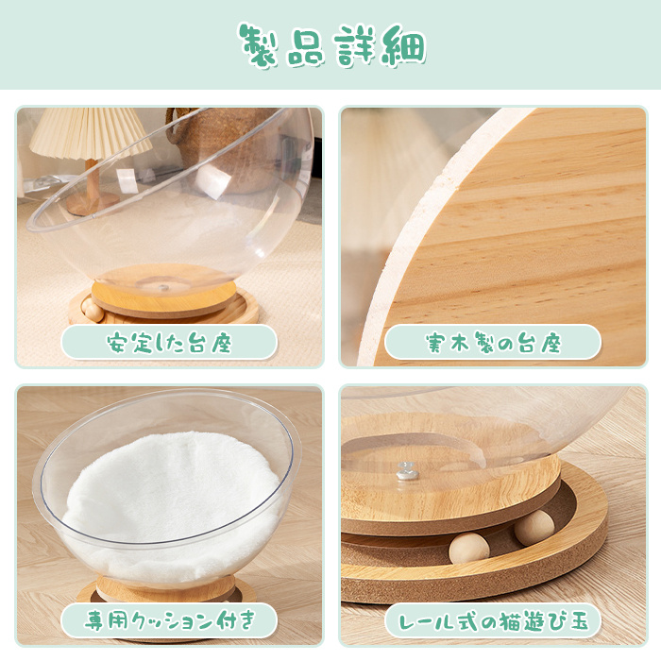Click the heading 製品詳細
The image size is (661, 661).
[332, 45]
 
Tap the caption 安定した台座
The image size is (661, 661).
[169, 343]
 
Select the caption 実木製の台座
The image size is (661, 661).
[493, 343]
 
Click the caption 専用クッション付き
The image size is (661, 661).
[169, 621]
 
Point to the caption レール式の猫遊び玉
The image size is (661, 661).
[493, 621]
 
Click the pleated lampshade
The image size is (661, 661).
[90, 133]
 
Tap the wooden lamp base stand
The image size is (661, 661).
[91, 190]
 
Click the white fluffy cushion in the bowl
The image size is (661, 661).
[171, 501]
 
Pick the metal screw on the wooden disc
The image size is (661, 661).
[408, 471]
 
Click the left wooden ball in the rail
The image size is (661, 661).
[468, 548]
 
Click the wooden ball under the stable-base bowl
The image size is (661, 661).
[93, 311]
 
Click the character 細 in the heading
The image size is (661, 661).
[404, 45]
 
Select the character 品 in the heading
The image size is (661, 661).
[307, 46]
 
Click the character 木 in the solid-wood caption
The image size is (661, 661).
[461, 343]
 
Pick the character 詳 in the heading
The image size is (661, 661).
[355, 45]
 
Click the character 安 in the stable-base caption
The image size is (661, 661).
[117, 343]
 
